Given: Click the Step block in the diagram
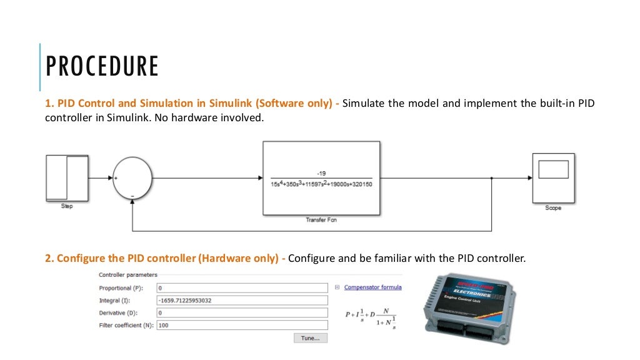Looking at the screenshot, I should pos(67,178).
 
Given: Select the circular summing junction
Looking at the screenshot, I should pos(132,178).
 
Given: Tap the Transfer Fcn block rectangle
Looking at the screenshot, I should pos(321,178).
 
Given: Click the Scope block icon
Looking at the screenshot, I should pos(553,177).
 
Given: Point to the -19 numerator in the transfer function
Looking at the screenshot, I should pos(321,173).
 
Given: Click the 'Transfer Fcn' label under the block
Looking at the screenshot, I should pos(321,220).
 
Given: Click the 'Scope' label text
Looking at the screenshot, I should pos(553,208).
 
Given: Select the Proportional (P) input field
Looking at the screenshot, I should pos(242,288).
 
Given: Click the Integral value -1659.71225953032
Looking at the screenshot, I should pos(185,301).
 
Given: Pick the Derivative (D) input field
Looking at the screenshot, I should pos(242,313).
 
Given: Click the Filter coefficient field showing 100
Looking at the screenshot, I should pos(242,326).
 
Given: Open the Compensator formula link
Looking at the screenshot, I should pos(372,288).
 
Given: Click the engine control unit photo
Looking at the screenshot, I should pos(471,307).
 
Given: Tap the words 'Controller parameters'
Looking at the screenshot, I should pos(128,275).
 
